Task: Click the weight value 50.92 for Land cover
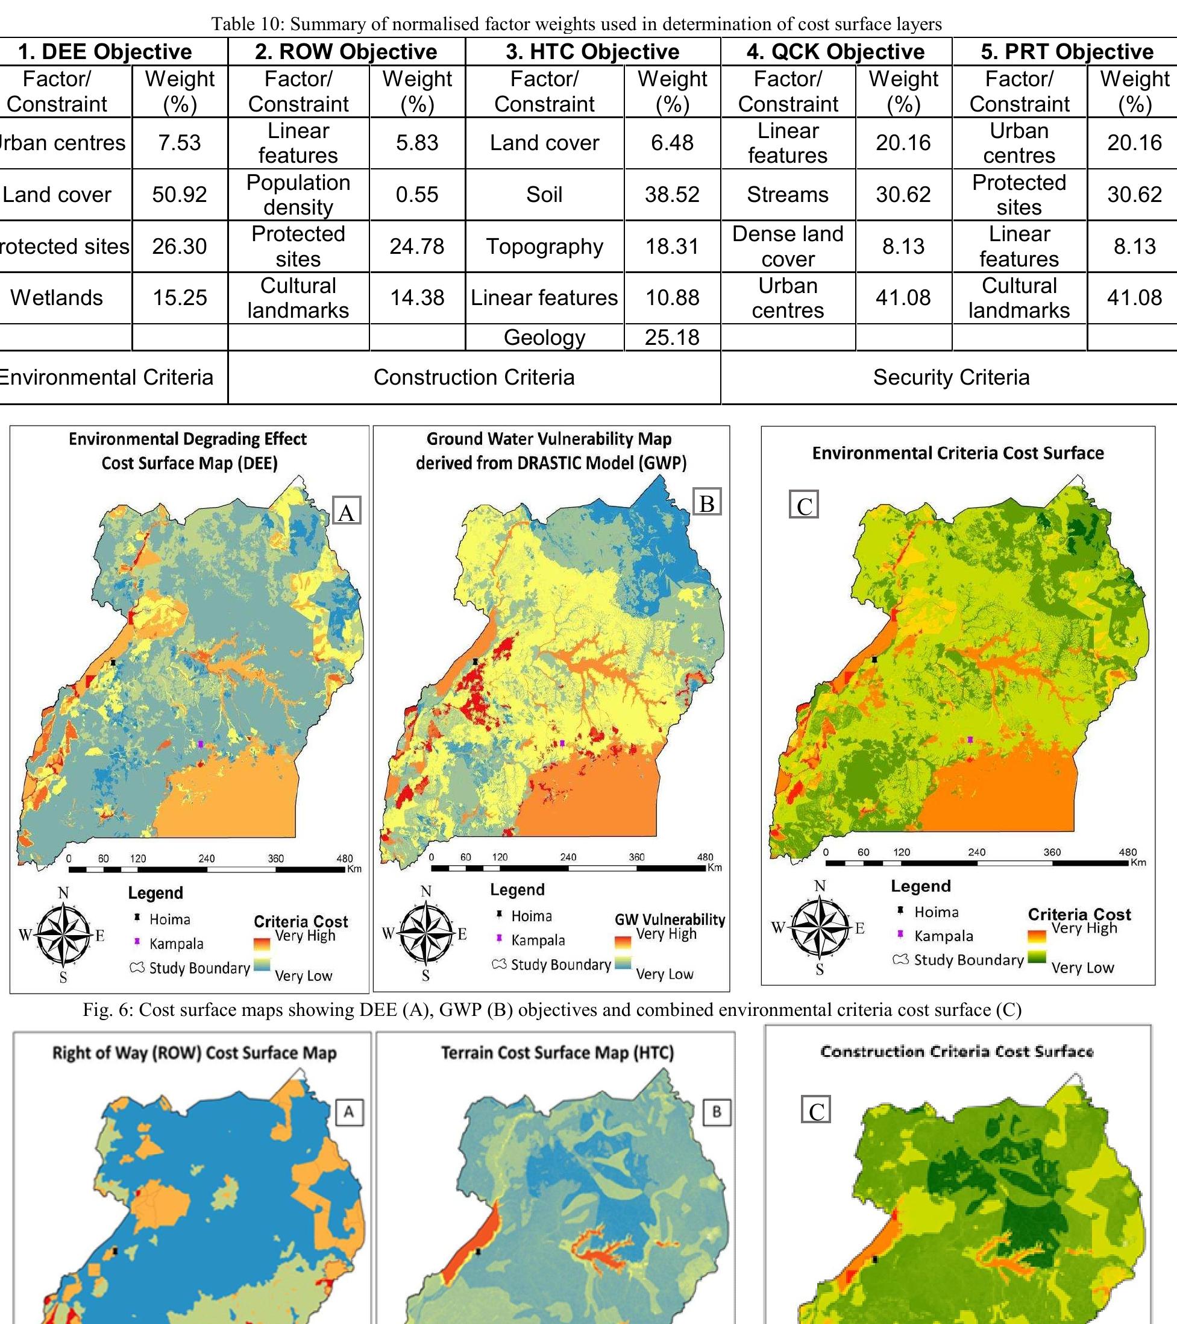tap(180, 194)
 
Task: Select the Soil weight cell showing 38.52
tap(672, 194)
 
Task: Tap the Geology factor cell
tap(544, 338)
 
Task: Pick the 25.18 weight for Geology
tap(672, 338)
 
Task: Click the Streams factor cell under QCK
tap(787, 194)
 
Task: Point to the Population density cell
tap(298, 194)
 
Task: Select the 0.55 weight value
tap(417, 194)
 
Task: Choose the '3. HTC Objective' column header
tap(592, 51)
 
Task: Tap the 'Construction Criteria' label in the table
tap(474, 377)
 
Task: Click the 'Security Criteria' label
tap(951, 377)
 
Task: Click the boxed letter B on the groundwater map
tap(706, 503)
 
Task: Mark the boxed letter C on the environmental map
tap(804, 506)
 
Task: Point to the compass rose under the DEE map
tap(63, 935)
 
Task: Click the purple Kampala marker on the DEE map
tap(201, 744)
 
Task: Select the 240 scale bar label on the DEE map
tap(207, 859)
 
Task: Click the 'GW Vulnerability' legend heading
tap(670, 919)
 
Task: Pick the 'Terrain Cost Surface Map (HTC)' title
tap(557, 1053)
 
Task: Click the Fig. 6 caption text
tap(551, 1010)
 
